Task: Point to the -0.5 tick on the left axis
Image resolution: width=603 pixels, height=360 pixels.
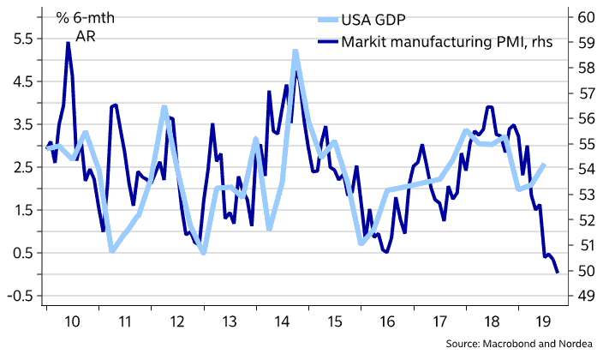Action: tap(18, 296)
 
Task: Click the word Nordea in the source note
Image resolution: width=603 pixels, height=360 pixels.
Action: tap(573, 344)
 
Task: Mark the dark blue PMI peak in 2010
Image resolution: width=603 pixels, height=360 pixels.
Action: tap(68, 43)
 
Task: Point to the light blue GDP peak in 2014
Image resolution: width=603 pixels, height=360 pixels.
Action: tap(295, 51)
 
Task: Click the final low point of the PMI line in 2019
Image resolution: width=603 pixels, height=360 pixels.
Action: tap(558, 273)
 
